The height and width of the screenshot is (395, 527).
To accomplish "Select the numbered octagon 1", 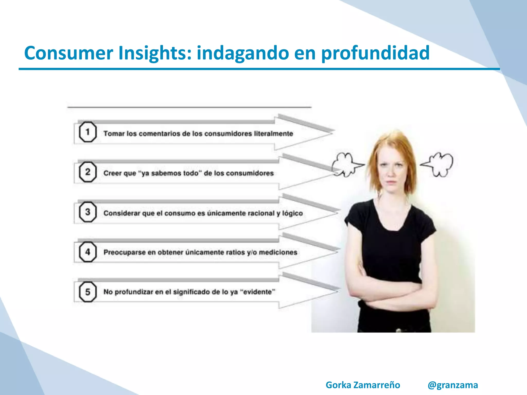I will point(87,132).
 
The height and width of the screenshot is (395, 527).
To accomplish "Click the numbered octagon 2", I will point(87,172).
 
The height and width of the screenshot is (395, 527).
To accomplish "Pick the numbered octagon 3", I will point(87,212).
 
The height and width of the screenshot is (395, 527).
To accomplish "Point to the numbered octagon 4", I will point(87,252).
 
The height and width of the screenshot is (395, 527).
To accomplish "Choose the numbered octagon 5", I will point(87,292).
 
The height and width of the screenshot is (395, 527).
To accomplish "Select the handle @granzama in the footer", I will point(453,385).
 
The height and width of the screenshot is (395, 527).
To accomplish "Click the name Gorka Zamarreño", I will point(363,385).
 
